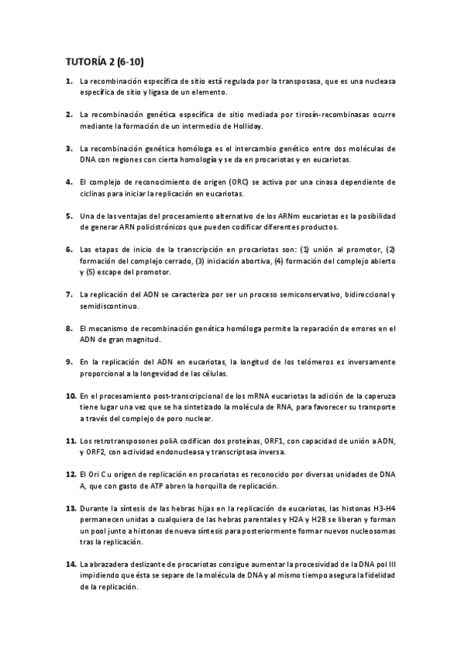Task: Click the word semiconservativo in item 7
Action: pyautogui.click(x=297, y=295)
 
